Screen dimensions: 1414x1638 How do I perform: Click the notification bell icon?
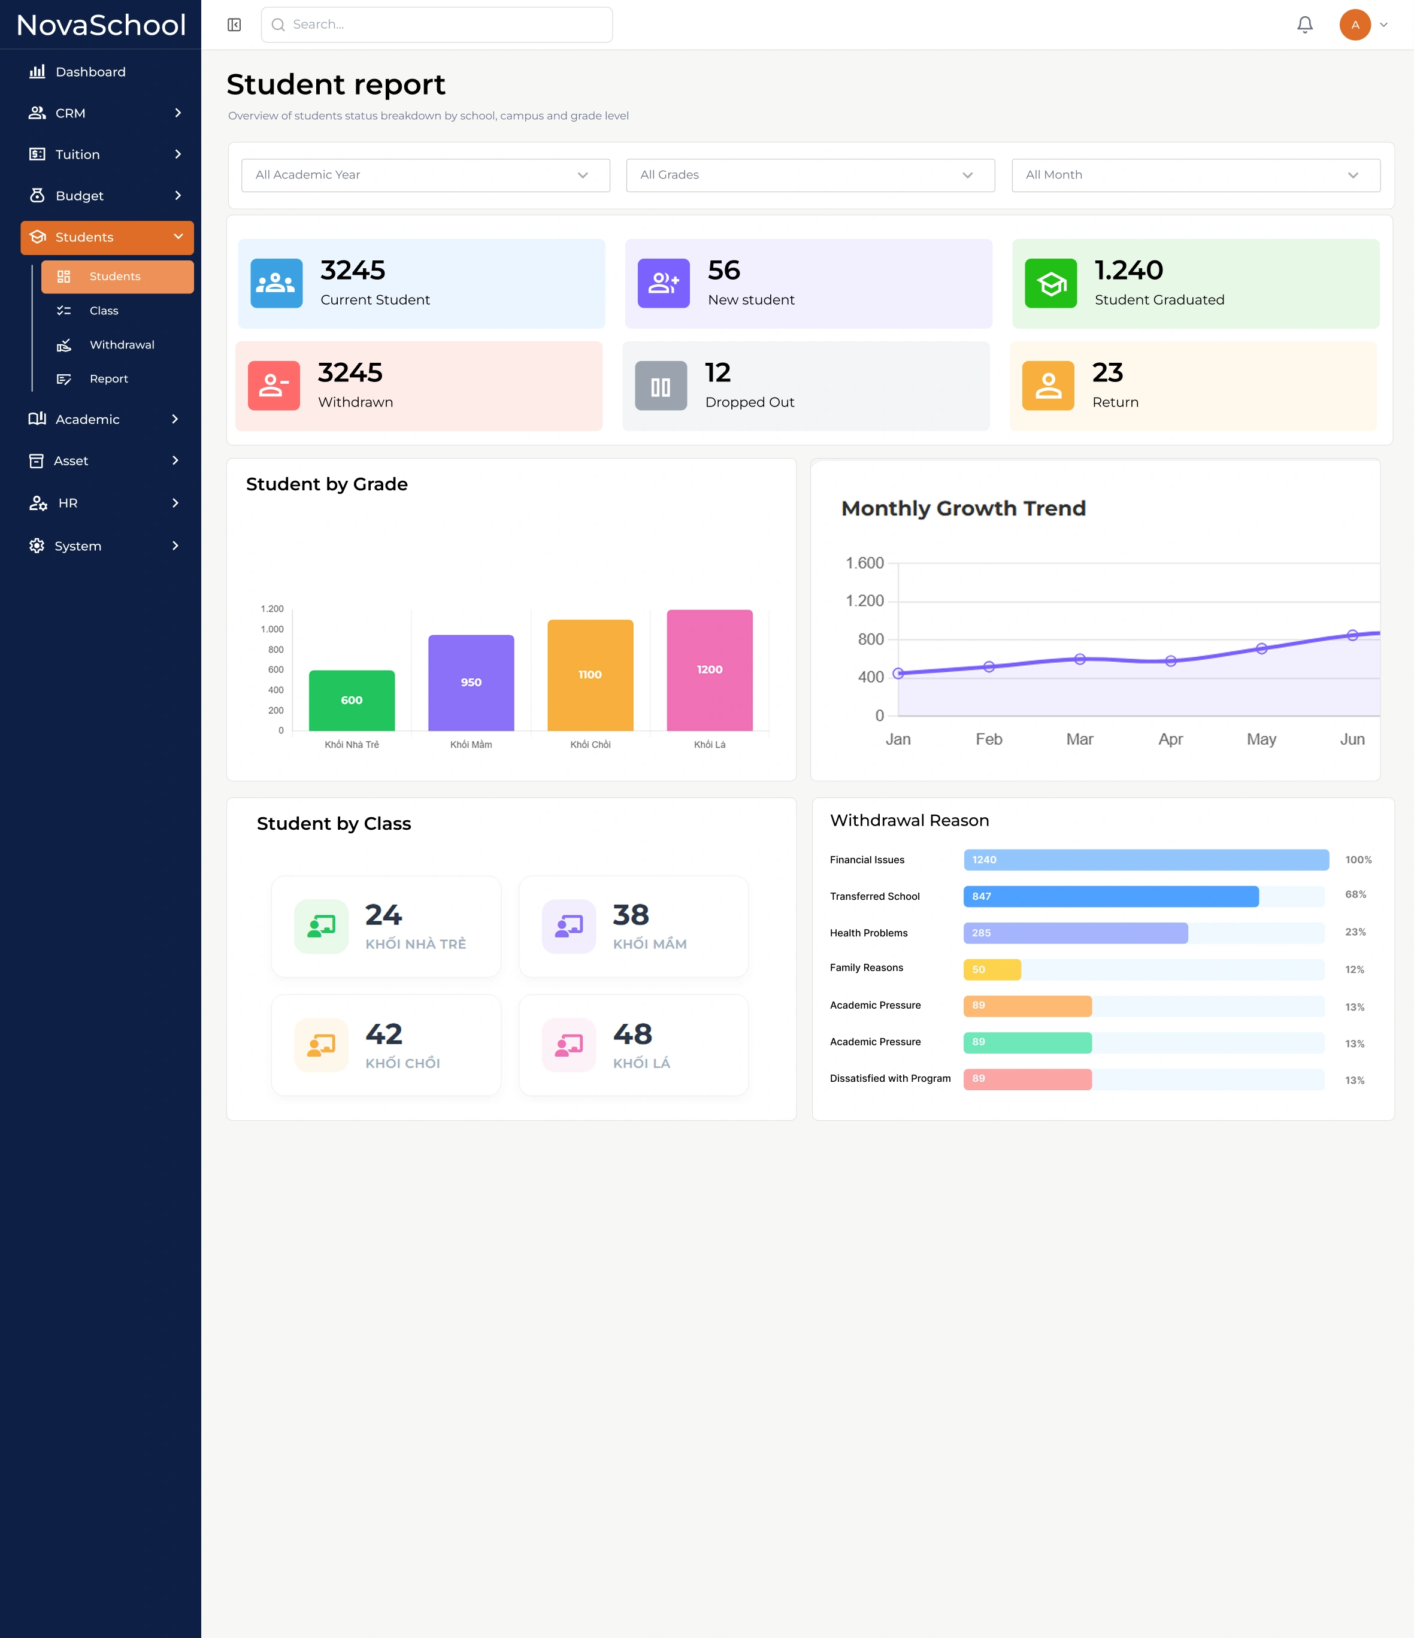[1305, 25]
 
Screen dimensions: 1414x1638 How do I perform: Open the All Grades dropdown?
[810, 175]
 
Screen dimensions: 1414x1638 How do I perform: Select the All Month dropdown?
[1196, 175]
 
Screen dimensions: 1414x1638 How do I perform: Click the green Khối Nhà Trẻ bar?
[352, 700]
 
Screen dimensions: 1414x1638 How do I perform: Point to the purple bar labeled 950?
[471, 683]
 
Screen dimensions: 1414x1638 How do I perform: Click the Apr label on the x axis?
[1170, 739]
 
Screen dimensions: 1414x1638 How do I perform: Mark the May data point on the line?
[1261, 648]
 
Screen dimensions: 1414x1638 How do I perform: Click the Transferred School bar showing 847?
[1110, 896]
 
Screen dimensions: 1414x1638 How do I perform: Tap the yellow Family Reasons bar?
[992, 969]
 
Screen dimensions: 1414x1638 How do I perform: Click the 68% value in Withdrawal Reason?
[1355, 894]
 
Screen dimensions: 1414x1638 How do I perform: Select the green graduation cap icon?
[1050, 283]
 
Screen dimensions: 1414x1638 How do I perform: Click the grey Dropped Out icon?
[661, 386]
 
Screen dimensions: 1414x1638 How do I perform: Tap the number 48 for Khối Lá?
[632, 1034]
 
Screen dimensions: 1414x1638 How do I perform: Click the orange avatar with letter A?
[1355, 25]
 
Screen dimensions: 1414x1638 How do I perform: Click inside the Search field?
[437, 25]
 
